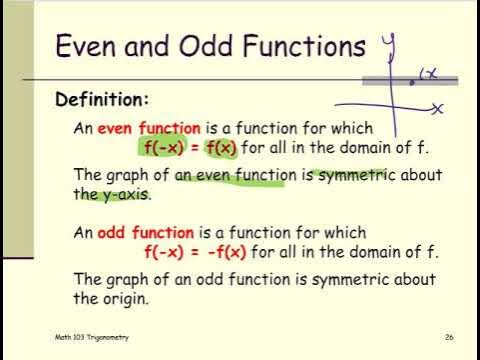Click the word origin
126,298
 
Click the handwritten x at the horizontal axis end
438,106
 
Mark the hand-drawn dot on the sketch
412,83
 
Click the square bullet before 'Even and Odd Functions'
33,47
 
